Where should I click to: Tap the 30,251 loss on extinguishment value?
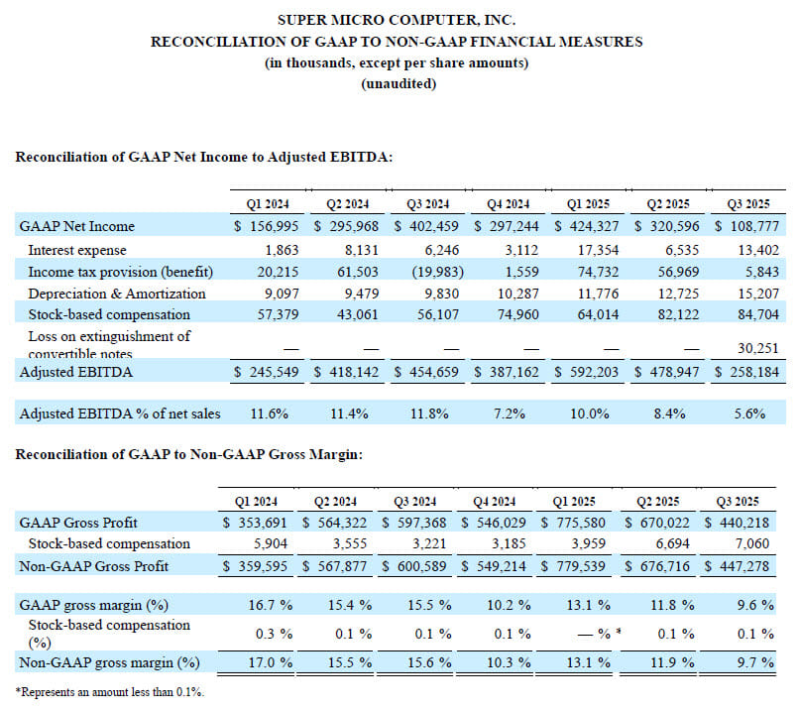pos(758,348)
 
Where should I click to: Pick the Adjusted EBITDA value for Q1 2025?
pos(594,372)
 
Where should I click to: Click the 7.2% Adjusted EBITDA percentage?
pos(510,414)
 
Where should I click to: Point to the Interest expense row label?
pos(77,250)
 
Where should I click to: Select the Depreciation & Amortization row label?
pos(117,294)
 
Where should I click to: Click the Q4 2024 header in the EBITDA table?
pos(508,204)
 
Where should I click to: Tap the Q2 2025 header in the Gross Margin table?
pos(657,502)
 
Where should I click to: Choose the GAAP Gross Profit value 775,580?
pos(581,523)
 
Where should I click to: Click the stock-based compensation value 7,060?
pos(752,543)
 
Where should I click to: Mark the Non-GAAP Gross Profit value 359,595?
pos(263,566)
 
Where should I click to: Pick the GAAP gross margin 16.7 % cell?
pos(271,605)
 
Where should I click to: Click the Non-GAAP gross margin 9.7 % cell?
pos(755,662)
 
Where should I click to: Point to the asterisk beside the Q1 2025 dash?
pos(619,632)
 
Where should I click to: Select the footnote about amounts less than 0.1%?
pos(109,692)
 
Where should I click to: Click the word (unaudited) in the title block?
pos(399,83)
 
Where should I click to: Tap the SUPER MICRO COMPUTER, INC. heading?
pos(397,20)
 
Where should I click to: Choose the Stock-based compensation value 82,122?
pos(678,314)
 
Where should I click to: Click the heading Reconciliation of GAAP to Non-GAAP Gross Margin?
pos(188,454)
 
